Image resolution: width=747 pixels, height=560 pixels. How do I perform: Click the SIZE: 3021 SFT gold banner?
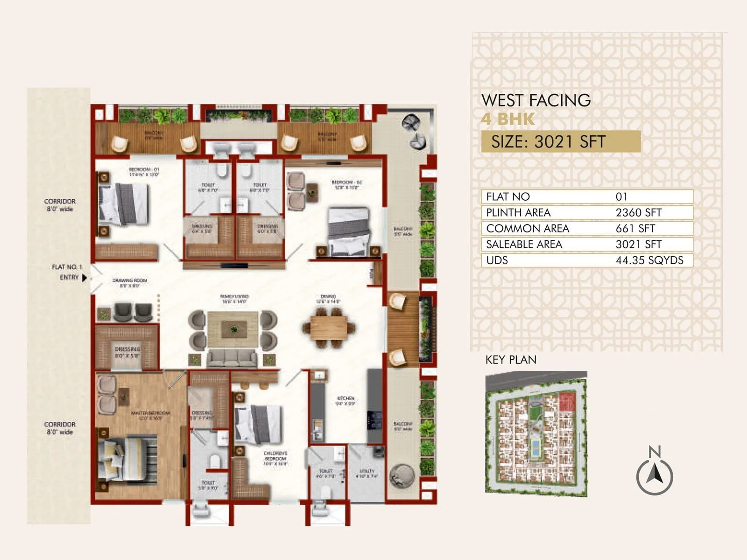560,141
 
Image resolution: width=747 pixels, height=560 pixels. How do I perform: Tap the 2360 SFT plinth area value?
638,213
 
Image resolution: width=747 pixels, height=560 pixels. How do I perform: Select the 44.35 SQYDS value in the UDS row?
649,260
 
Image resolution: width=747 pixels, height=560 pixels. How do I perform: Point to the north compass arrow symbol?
655,475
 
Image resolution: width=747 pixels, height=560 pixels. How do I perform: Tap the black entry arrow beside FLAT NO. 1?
85,278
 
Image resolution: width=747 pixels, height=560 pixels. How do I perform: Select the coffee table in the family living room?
233,329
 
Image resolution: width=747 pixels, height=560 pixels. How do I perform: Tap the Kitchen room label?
345,401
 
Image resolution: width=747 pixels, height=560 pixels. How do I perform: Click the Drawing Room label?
129,283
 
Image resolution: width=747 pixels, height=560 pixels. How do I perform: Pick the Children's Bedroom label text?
275,458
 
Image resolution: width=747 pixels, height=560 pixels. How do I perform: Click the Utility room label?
366,473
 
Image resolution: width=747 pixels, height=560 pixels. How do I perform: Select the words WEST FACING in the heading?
536,100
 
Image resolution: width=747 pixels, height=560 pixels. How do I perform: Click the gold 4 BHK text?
507,119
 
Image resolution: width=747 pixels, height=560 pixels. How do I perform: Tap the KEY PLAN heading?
511,360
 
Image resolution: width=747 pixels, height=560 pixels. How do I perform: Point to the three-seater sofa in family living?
232,358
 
